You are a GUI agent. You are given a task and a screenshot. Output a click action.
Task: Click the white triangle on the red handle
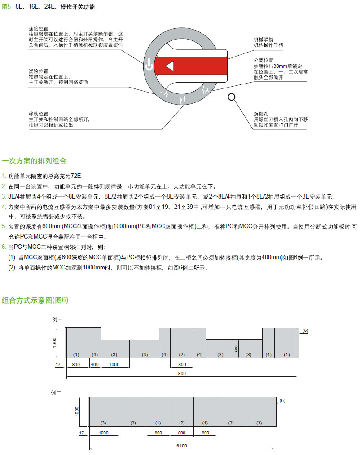point(169,66)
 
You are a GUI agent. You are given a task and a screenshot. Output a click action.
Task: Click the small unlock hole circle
point(232,97)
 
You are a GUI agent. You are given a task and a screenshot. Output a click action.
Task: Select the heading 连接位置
point(38,28)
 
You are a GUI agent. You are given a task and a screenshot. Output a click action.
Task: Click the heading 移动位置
point(38,114)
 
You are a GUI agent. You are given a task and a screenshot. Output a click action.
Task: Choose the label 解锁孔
point(260,114)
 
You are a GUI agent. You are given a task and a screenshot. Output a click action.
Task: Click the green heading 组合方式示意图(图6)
point(35,300)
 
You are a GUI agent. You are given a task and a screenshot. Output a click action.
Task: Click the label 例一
point(57,319)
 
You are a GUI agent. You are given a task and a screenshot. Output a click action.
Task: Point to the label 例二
point(57,393)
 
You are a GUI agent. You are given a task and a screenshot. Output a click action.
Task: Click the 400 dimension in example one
point(95,364)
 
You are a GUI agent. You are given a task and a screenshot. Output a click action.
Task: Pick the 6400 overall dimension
point(182,446)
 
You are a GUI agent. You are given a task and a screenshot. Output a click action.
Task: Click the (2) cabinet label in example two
point(182,423)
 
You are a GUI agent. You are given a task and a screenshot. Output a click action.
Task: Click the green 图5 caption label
point(6,7)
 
